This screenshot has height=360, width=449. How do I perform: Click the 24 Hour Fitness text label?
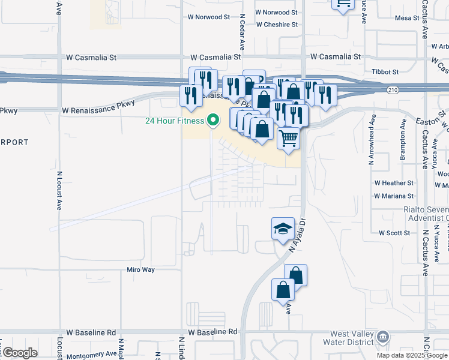(x=175, y=120)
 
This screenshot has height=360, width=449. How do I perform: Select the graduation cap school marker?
(x=283, y=229)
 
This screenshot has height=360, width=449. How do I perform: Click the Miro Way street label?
(x=140, y=270)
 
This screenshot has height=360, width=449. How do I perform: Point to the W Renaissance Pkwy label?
(x=98, y=110)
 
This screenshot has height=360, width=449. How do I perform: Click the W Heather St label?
(x=394, y=182)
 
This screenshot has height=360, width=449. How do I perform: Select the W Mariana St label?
(x=393, y=196)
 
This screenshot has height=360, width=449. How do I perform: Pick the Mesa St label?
(x=407, y=18)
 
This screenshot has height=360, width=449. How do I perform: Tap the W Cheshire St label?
(x=277, y=25)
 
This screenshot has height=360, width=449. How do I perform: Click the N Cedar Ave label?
(x=242, y=33)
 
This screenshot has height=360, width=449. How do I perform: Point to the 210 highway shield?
(x=393, y=90)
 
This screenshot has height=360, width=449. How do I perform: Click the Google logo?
(x=19, y=353)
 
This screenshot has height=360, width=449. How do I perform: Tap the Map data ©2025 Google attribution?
(x=412, y=355)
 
